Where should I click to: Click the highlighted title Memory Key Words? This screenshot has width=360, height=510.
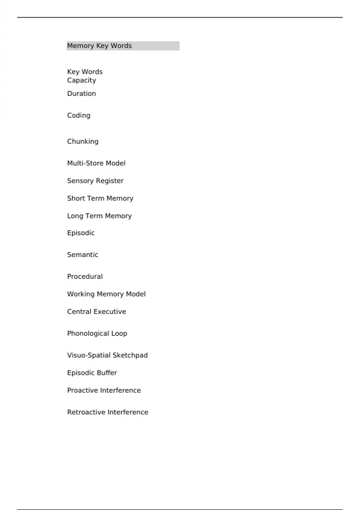99,46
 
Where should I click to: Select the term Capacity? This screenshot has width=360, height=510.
82,80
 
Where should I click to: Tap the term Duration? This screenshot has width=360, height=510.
82,94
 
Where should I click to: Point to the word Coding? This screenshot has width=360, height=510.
79,115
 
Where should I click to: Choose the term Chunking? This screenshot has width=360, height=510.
83,142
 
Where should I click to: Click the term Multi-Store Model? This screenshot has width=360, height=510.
96,163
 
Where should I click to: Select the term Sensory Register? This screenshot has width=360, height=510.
95,181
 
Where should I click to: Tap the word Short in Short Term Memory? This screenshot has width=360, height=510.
76,198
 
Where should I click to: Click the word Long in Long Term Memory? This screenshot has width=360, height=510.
75,216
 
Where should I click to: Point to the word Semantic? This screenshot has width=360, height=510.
83,255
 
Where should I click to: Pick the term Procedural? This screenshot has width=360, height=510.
85,277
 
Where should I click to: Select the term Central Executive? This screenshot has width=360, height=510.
97,312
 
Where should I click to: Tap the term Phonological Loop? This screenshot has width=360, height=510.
97,334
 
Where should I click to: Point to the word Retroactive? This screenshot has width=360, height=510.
86,412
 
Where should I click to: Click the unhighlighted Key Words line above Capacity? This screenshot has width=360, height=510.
85,72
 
